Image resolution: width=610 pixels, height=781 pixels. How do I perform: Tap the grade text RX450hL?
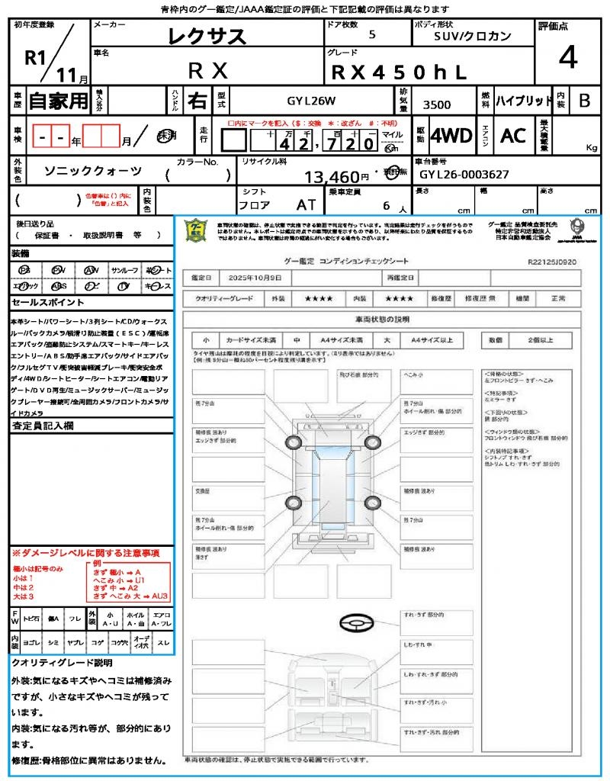coord(398,72)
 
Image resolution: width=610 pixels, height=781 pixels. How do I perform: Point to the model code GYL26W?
coord(311,101)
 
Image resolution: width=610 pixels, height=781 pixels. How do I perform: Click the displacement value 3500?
coord(437,104)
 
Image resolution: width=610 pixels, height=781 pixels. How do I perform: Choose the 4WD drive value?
coord(451,136)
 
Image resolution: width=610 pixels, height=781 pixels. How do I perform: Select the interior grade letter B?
coord(584,101)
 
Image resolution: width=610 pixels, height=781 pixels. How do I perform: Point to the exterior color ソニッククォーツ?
coord(93,171)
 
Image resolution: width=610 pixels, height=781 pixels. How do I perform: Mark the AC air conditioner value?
coord(513,136)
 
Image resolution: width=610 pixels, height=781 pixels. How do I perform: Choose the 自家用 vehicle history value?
coord(59,101)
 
